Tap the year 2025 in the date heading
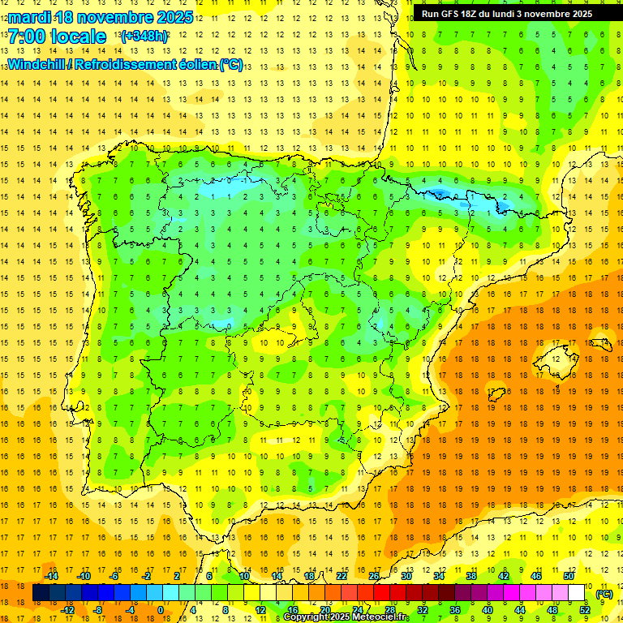click(x=173, y=17)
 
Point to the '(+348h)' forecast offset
click(x=144, y=37)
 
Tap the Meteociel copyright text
click(x=346, y=617)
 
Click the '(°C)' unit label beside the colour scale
click(x=604, y=593)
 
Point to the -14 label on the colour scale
click(x=51, y=576)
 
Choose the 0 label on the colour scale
click(x=161, y=609)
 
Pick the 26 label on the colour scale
click(x=374, y=576)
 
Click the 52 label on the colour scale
click(x=585, y=609)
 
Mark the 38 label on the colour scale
click(x=470, y=576)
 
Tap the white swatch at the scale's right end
click(x=576, y=593)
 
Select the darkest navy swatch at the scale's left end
click(x=41, y=593)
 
